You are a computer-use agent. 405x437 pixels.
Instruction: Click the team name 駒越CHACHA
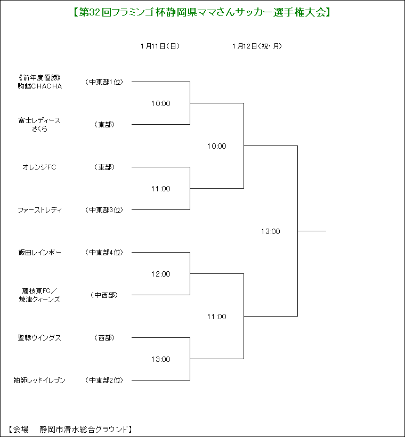[40, 86]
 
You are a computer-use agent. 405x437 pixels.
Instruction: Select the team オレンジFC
[39, 167]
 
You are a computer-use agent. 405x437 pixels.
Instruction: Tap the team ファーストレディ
[39, 210]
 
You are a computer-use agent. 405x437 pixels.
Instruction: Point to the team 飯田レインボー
[39, 253]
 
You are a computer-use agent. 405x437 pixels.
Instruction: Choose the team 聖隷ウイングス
[39, 338]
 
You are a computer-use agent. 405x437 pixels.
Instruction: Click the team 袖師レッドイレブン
[39, 381]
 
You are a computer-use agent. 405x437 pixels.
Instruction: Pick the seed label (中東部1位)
[104, 82]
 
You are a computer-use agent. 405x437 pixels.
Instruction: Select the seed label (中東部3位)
[104, 210]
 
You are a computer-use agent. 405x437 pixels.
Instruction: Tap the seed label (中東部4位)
[104, 253]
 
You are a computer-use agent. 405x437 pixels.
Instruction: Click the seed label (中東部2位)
[104, 381]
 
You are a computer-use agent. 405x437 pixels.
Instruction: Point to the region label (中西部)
[104, 295]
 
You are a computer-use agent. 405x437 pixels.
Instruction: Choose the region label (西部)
[104, 338]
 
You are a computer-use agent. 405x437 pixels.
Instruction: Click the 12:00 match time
[161, 274]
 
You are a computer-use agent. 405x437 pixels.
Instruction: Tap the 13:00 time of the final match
[271, 231]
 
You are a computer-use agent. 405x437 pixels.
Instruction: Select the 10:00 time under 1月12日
[217, 146]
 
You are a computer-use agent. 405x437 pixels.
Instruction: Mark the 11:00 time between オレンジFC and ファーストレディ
[161, 189]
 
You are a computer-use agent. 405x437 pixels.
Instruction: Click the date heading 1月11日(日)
[160, 46]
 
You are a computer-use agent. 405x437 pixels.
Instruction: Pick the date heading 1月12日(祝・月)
[257, 46]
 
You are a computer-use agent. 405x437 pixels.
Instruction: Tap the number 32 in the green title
[94, 13]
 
